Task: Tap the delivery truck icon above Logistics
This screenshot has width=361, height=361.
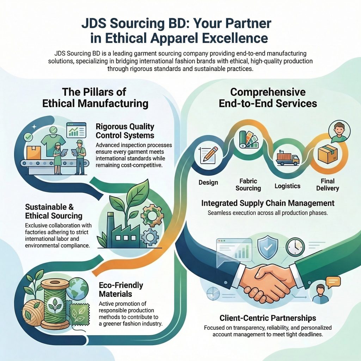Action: tap(287, 158)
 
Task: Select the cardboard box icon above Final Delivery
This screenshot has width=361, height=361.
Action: tap(328, 154)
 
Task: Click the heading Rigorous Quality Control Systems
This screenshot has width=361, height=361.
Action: tap(125, 130)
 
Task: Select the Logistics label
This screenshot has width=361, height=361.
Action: tap(287, 186)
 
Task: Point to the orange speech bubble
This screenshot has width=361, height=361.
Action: tap(333, 281)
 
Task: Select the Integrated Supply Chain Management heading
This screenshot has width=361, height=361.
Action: tap(268, 203)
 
